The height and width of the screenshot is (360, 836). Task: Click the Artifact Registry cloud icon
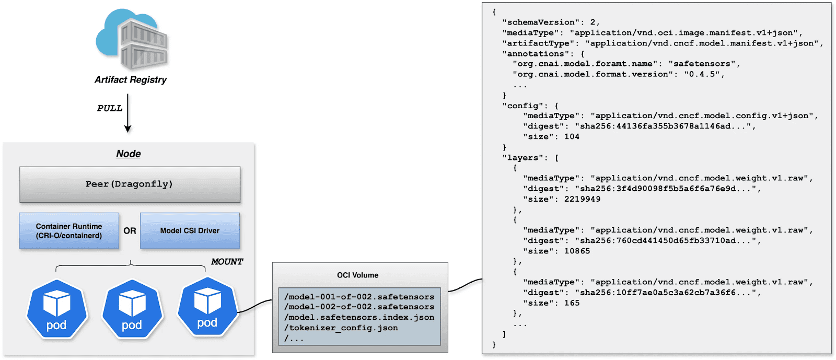pyautogui.click(x=132, y=40)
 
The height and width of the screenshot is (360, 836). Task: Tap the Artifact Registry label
pyautogui.click(x=131, y=80)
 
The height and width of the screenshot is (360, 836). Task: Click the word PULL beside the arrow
pyautogui.click(x=110, y=108)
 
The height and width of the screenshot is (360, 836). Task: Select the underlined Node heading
pyautogui.click(x=129, y=154)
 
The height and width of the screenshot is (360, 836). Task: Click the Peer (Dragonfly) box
pyautogui.click(x=130, y=184)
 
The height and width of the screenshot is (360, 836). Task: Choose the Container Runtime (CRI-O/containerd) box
pyautogui.click(x=69, y=231)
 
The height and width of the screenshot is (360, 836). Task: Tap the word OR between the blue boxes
pyautogui.click(x=130, y=231)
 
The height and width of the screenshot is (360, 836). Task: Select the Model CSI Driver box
pyautogui.click(x=190, y=231)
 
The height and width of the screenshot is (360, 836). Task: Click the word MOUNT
pyautogui.click(x=227, y=261)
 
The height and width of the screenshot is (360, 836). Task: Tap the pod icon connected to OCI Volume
pyautogui.click(x=207, y=308)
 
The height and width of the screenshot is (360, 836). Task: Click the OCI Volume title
pyautogui.click(x=357, y=275)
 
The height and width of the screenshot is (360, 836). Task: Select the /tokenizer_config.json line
pyautogui.click(x=341, y=328)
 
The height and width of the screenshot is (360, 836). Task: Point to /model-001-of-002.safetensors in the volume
pyautogui.click(x=359, y=297)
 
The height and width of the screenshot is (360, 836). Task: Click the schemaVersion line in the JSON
pyautogui.click(x=551, y=22)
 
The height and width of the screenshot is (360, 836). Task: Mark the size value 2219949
pyautogui.click(x=582, y=199)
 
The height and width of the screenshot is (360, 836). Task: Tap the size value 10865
pyautogui.click(x=577, y=251)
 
